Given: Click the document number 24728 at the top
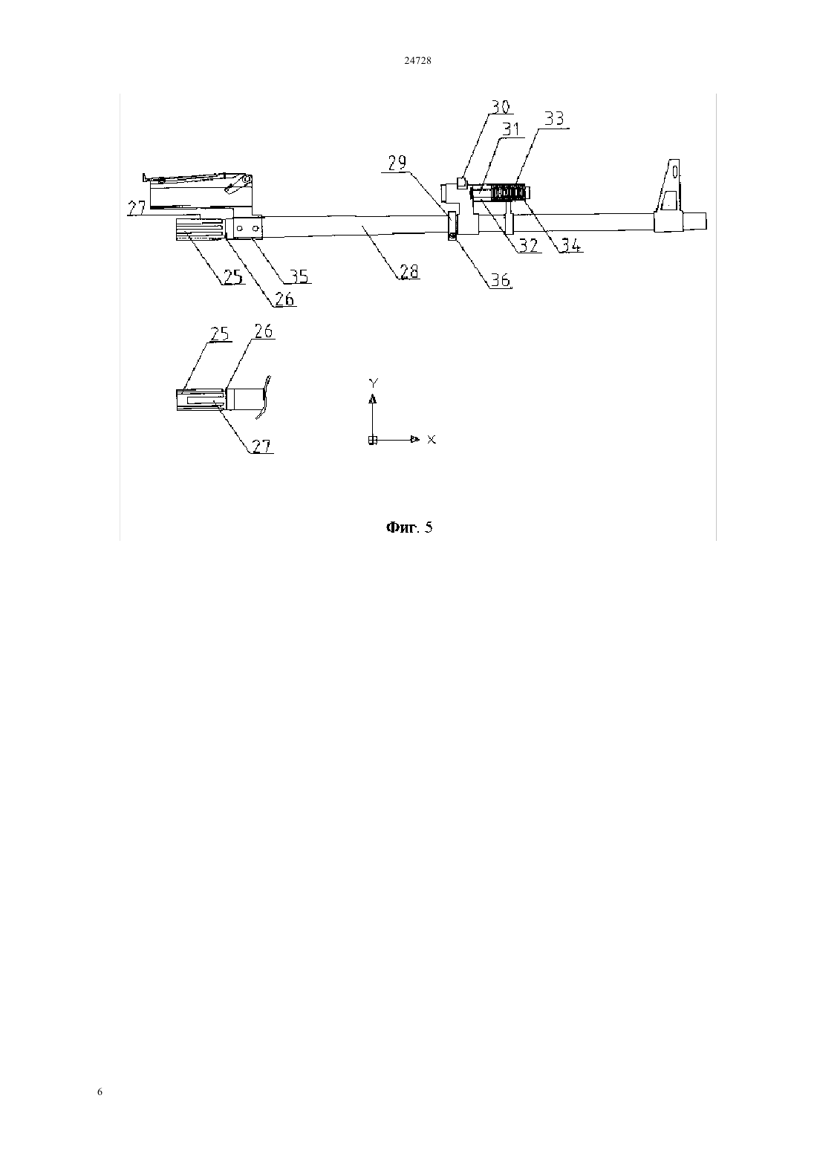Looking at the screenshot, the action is coord(417,60).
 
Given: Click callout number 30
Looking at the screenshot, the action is coord(500,107).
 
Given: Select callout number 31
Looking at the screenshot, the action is coord(511,129).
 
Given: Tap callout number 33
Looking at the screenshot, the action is coord(554,119).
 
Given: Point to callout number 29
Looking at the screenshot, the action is coord(397,163).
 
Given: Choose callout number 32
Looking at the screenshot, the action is coord(528,244).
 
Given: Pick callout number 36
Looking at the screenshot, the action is coord(500,280).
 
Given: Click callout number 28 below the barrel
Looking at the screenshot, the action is coord(408,271).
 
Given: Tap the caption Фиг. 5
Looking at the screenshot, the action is coord(409,527).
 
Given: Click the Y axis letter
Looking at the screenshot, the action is coord(374,383).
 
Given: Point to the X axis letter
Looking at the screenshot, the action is coord(432,440).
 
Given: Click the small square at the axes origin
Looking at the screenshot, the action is coord(373,441).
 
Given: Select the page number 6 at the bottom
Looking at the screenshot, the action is coord(100,1091).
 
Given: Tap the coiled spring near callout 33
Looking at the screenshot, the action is coord(508,193).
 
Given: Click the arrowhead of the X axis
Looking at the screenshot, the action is coord(414,440).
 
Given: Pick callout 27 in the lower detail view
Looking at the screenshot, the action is coord(261,446).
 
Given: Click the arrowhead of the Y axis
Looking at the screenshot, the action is coord(372,398).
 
